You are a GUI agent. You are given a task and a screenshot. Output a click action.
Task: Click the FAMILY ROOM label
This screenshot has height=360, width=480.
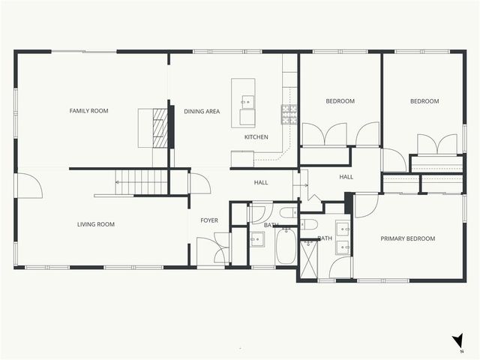88,111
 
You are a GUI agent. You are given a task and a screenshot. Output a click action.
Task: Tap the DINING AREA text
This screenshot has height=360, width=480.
202,111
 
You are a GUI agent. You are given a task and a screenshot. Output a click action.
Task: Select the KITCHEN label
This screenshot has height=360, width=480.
256,137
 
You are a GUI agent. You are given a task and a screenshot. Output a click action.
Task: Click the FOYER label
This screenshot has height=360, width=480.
208,220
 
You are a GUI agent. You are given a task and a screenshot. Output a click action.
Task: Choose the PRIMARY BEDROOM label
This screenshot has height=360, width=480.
407,238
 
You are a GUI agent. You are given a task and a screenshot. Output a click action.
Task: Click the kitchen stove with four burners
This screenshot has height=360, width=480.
289,113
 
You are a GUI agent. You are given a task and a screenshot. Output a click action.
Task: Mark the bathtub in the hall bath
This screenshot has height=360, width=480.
286,247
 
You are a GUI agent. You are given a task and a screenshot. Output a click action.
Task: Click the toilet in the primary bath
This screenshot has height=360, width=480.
310,224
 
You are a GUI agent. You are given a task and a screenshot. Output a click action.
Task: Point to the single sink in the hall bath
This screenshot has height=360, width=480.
256,239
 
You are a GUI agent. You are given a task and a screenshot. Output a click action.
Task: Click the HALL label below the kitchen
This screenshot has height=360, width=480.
260,182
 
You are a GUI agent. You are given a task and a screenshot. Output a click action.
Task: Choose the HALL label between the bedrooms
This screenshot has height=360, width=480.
346,177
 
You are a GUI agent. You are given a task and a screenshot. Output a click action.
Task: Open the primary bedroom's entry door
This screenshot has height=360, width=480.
366,204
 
